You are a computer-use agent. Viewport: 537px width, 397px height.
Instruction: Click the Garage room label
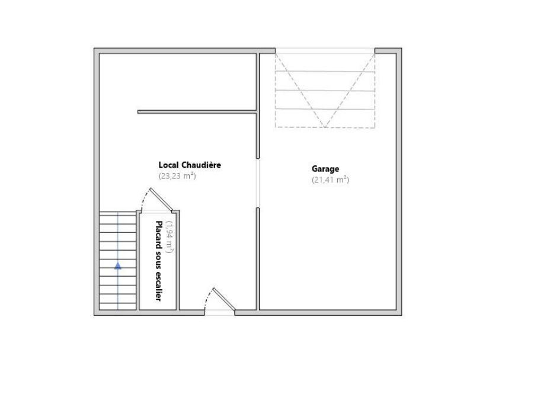pos(325,169)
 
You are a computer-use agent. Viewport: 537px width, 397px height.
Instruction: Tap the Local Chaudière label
pos(190,165)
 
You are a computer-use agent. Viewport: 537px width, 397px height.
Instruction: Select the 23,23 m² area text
pos(177,177)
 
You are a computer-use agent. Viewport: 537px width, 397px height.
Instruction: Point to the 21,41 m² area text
pos(330,180)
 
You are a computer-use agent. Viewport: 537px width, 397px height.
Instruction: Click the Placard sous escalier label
pos(158,261)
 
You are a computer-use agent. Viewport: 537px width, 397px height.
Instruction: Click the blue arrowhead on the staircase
pos(118,265)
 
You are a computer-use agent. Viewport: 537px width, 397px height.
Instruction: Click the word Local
pos(169,165)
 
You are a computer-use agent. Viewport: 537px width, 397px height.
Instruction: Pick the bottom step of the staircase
pos(118,306)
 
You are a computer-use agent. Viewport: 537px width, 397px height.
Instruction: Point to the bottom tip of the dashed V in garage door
pos(325,127)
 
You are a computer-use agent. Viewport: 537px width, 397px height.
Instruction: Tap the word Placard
pos(158,235)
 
